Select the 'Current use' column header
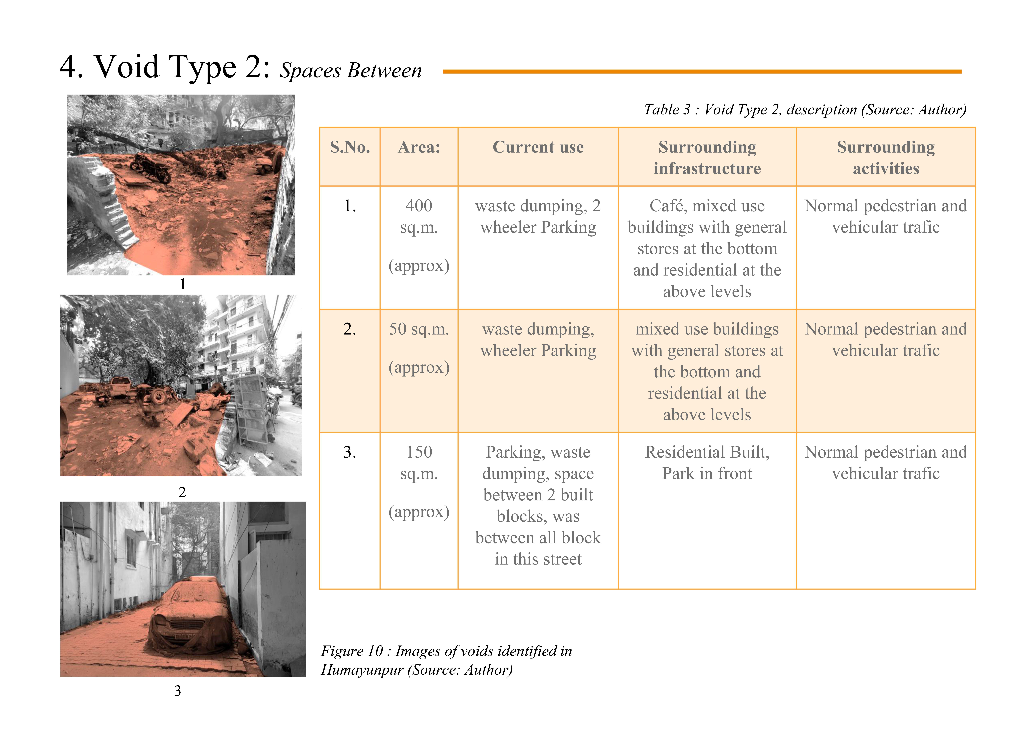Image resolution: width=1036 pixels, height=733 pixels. click(x=538, y=147)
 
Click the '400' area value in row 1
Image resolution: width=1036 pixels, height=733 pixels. click(x=419, y=206)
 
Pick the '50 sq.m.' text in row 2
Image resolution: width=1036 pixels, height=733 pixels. click(x=419, y=329)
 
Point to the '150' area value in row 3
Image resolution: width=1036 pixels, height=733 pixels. click(x=419, y=452)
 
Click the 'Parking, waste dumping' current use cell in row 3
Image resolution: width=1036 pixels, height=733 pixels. click(x=538, y=505)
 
